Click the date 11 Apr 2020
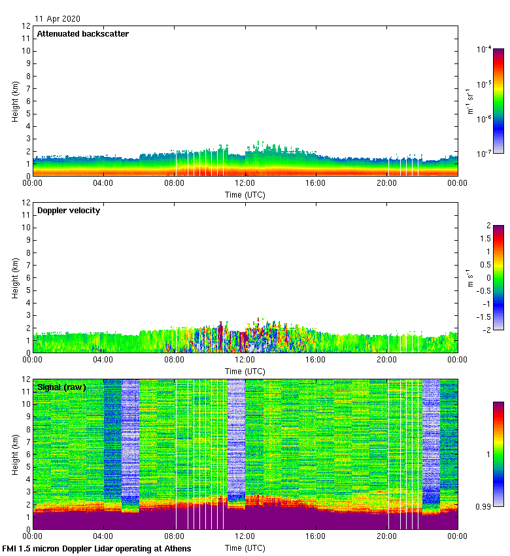pos(58,19)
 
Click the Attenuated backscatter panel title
pos(82,34)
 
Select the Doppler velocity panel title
pos(69,211)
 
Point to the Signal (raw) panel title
pos(61,387)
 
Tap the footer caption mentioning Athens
pos(97,548)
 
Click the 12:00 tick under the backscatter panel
pos(245,184)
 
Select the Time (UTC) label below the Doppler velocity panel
pos(245,371)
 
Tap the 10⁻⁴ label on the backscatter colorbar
pos(483,50)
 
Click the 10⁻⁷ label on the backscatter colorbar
pos(483,153)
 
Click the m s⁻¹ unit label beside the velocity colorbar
pos(469,277)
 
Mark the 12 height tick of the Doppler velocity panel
pos(27,202)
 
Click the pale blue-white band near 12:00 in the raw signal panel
pos(236,445)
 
